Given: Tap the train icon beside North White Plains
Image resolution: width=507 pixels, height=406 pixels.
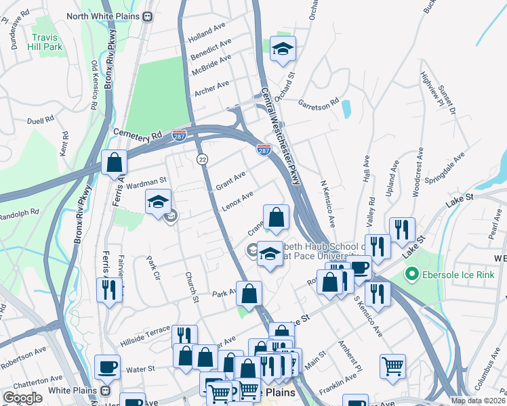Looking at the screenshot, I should (147, 16).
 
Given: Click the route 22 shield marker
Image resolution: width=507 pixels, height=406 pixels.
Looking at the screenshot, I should (202, 158).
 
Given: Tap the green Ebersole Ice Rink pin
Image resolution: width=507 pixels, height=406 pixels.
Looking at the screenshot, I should (409, 274).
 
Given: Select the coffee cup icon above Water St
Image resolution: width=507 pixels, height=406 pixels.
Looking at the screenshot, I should (107, 367).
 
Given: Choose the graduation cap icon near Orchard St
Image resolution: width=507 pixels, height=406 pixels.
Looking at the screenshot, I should (283, 48).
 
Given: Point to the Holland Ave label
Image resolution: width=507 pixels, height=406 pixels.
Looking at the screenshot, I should (207, 30).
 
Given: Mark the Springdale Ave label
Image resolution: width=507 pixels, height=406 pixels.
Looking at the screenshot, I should (449, 165).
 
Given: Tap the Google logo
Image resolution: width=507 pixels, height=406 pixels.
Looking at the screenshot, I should (22, 398).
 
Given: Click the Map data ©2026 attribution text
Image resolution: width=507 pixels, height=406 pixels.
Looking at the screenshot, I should (479, 401).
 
